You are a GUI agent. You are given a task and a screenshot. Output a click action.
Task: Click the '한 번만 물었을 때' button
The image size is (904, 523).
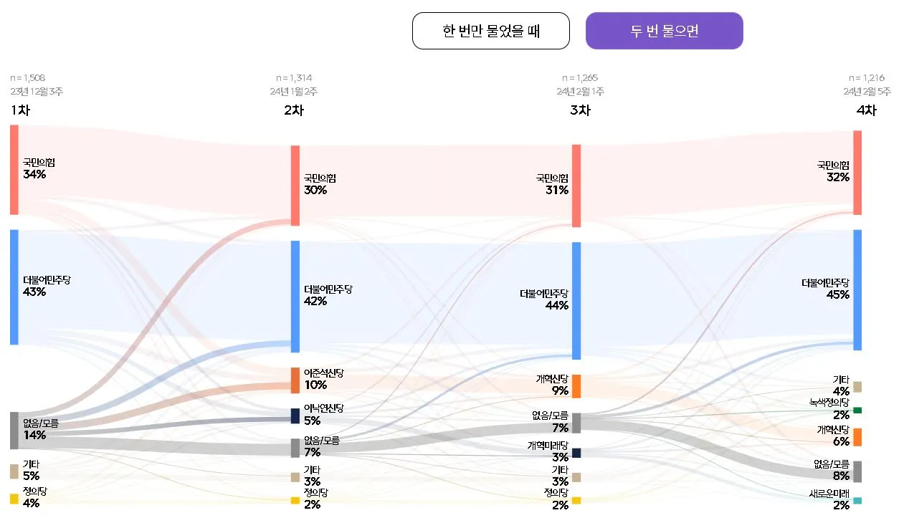[490, 31]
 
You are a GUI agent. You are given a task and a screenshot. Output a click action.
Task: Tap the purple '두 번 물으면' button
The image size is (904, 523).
[664, 31]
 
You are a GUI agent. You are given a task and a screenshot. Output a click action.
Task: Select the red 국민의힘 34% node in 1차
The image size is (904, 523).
[14, 170]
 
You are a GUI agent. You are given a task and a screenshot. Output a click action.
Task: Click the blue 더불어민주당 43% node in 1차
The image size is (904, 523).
[14, 287]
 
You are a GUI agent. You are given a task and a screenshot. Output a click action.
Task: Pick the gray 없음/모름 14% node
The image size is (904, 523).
[14, 430]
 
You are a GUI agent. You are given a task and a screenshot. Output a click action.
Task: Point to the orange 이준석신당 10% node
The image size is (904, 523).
[295, 380]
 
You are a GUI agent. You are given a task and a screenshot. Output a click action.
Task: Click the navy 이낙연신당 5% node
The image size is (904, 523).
[295, 416]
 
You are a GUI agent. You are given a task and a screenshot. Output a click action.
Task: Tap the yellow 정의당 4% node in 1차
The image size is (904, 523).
[14, 499]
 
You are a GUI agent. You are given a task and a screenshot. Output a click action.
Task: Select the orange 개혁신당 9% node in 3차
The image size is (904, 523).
[576, 386]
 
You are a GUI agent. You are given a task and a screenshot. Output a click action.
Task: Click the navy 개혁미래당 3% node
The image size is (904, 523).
[576, 453]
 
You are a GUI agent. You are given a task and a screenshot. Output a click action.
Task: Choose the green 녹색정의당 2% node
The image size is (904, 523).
[857, 411]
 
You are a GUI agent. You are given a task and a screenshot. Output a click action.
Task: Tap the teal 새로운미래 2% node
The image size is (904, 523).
[857, 501]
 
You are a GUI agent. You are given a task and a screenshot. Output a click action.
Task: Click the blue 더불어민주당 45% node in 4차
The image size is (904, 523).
[857, 289]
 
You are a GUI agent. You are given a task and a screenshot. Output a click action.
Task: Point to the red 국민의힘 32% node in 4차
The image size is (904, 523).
[857, 172]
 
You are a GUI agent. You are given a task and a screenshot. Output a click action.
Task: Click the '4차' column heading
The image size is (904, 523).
[866, 110]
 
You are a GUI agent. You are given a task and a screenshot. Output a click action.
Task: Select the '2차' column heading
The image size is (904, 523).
[294, 110]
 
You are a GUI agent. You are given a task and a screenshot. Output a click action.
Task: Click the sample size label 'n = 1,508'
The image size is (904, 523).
[28, 78]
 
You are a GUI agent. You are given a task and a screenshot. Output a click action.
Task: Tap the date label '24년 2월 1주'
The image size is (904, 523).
[580, 92]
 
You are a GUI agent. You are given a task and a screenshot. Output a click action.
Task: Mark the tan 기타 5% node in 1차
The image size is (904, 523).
[14, 471]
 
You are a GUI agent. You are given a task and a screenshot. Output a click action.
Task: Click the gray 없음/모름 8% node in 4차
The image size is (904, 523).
[857, 471]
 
